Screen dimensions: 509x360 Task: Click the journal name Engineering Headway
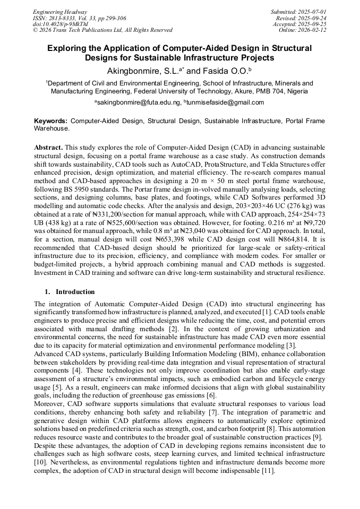tap(60, 12)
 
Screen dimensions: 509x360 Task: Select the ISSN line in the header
tap(80, 18)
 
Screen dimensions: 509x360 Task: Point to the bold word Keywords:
tap(51, 121)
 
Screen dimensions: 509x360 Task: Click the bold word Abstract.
tap(48, 146)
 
